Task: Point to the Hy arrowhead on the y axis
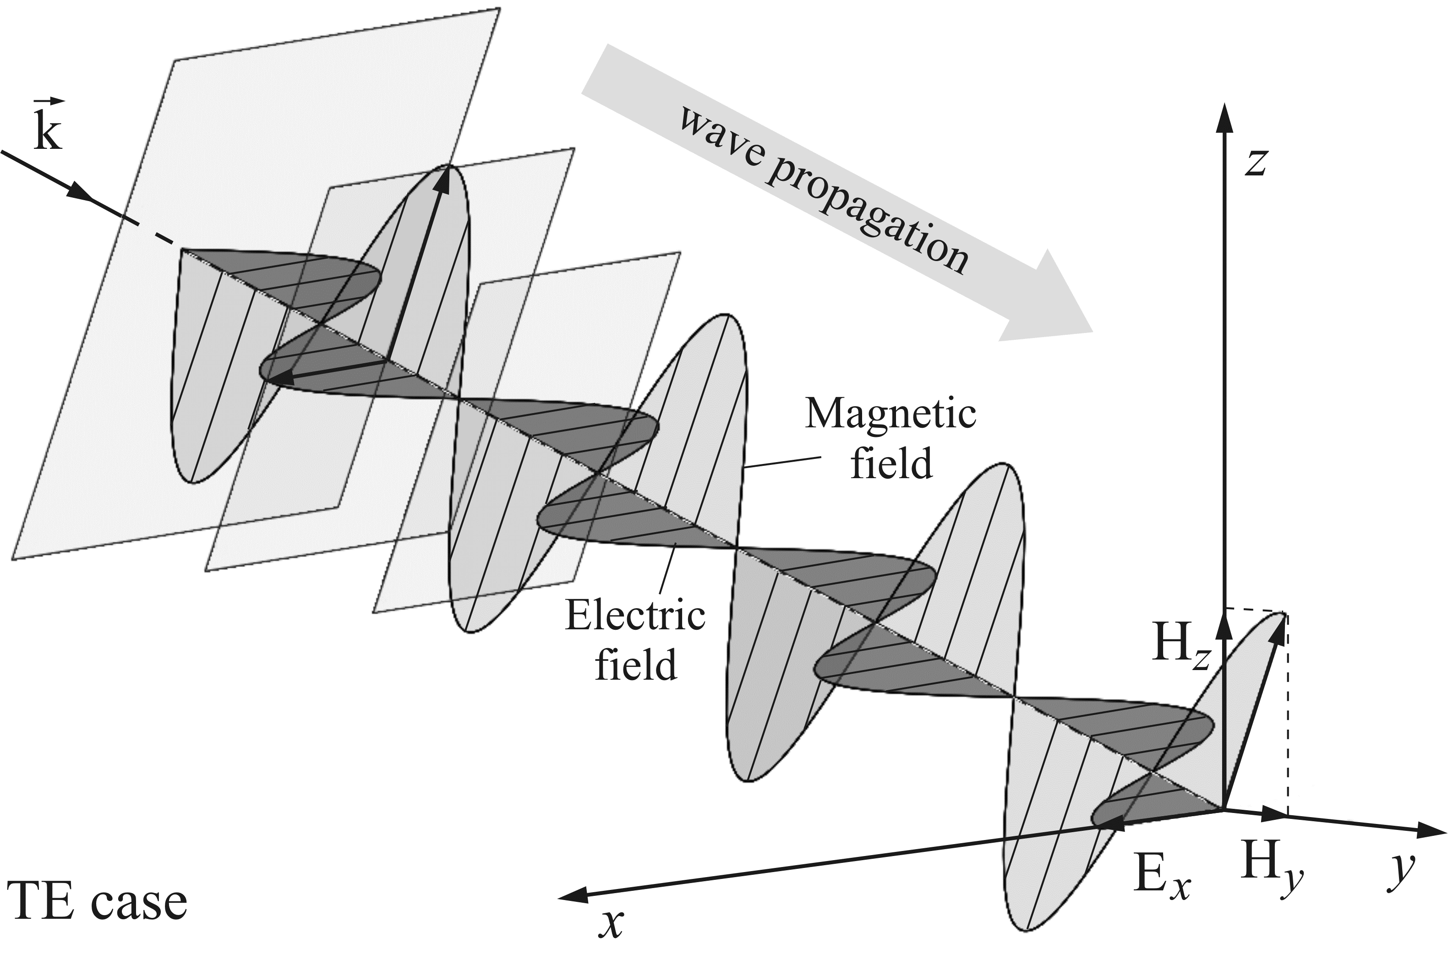click(1273, 815)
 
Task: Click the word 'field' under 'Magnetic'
click(891, 464)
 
